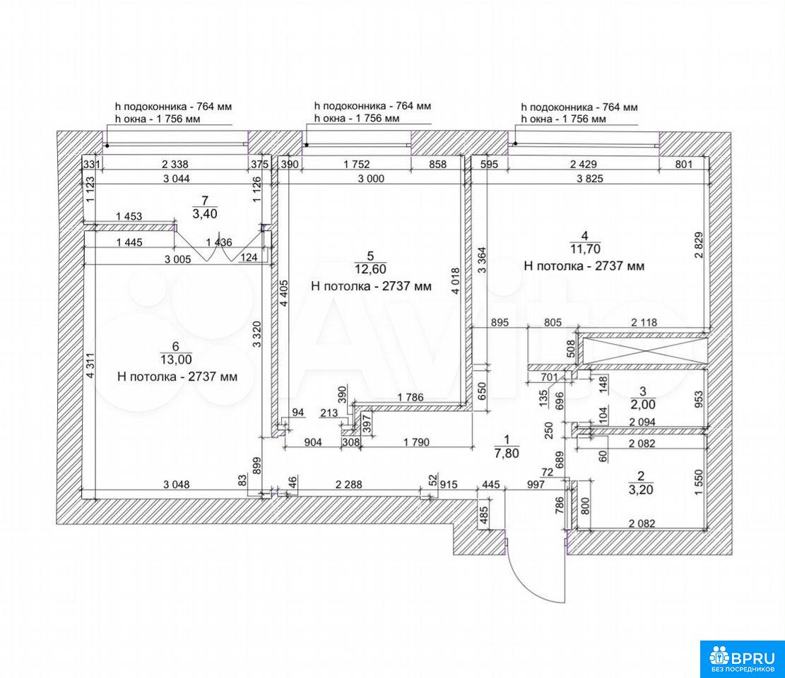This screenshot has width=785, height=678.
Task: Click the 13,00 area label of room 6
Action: [176, 359]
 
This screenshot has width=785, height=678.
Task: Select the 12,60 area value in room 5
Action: [370, 269]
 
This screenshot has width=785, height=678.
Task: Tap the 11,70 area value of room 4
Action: [584, 249]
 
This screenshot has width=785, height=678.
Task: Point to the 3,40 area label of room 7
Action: [205, 214]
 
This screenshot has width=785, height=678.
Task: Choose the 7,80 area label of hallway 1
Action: [507, 453]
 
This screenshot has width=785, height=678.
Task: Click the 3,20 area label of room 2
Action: [641, 489]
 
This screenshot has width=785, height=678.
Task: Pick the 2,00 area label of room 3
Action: [643, 404]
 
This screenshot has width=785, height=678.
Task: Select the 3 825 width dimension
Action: [589, 179]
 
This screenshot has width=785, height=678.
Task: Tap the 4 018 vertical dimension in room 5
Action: [456, 284]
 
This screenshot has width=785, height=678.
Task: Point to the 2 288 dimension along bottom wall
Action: [348, 484]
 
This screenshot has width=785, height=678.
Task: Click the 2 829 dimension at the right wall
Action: [699, 244]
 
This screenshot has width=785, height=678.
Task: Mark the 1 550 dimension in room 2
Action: [700, 482]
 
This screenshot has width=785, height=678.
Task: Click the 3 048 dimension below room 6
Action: [176, 484]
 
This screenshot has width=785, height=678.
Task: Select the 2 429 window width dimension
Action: [583, 164]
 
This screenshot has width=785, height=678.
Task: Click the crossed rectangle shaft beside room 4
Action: [642, 350]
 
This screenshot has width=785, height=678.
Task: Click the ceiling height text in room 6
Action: [177, 376]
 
